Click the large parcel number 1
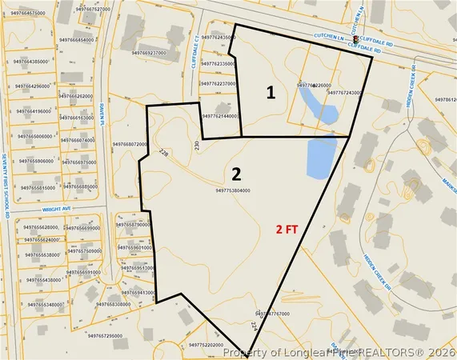coord(271,93)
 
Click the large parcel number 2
coord(236,174)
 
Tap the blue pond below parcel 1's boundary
coord(321,157)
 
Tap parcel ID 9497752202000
coord(211,345)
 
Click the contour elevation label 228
coord(164,152)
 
